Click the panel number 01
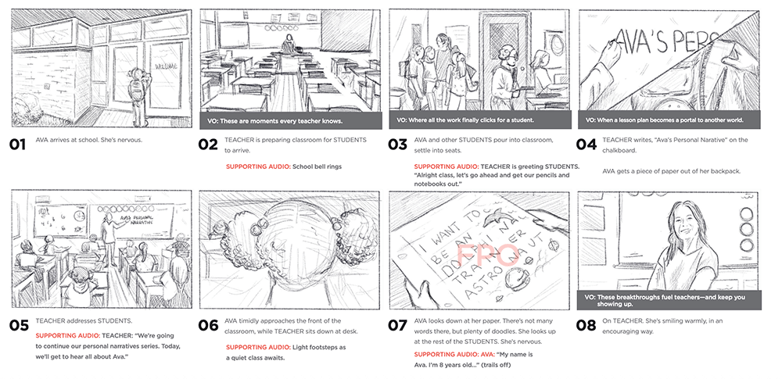[x=17, y=145]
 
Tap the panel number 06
[x=209, y=326]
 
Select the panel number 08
[x=586, y=326]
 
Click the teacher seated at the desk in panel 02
[x=288, y=45]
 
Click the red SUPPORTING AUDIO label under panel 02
[x=258, y=166]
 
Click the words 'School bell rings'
[x=317, y=166]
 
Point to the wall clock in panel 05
[x=79, y=216]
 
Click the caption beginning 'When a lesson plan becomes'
[x=665, y=120]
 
